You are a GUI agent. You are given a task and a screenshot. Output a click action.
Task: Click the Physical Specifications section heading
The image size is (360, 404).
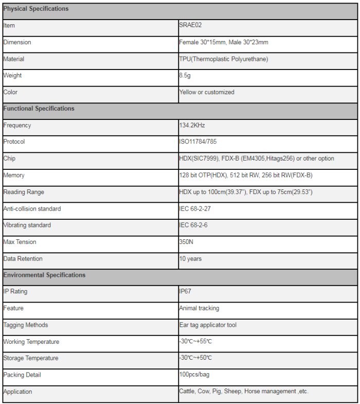[36, 9]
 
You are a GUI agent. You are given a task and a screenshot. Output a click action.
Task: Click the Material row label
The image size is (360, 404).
[14, 59]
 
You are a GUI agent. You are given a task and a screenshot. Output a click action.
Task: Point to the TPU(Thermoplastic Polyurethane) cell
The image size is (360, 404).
[223, 59]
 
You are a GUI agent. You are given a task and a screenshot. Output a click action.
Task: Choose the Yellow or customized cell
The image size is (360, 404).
[207, 92]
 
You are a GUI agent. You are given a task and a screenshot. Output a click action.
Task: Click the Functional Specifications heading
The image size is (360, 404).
[39, 109]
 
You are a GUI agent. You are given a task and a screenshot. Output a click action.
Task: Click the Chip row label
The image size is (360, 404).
[9, 159]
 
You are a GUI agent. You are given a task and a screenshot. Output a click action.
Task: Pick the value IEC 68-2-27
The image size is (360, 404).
[195, 209]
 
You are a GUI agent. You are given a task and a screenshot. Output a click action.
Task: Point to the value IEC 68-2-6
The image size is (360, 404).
[193, 225]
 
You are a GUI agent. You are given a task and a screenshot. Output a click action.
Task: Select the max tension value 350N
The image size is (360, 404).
[186, 242]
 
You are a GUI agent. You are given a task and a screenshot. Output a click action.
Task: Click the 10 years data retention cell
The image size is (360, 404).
[190, 259]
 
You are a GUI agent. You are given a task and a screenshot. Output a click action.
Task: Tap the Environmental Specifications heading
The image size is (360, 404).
[45, 275]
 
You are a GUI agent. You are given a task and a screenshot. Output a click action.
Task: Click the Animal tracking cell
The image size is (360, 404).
[199, 308]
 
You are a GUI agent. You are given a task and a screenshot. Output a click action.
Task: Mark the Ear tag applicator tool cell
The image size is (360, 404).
[208, 325]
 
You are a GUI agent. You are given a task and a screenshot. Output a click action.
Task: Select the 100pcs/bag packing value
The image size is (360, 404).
[195, 375]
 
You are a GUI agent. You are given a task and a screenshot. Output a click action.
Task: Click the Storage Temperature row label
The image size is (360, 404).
[31, 358]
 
